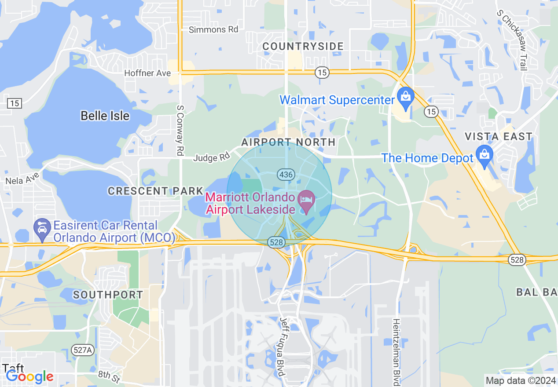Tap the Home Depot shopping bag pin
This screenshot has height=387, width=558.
point(485,155)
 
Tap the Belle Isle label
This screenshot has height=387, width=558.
point(105,116)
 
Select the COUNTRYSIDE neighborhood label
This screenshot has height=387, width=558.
point(303,47)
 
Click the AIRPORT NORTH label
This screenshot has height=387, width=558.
point(288,142)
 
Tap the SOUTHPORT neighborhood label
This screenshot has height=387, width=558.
point(108,295)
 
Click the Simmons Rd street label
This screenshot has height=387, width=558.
point(213,29)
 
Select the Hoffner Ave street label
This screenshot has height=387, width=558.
point(147,73)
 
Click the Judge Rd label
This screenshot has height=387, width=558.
point(212,157)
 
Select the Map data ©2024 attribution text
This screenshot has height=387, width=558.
point(520,380)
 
